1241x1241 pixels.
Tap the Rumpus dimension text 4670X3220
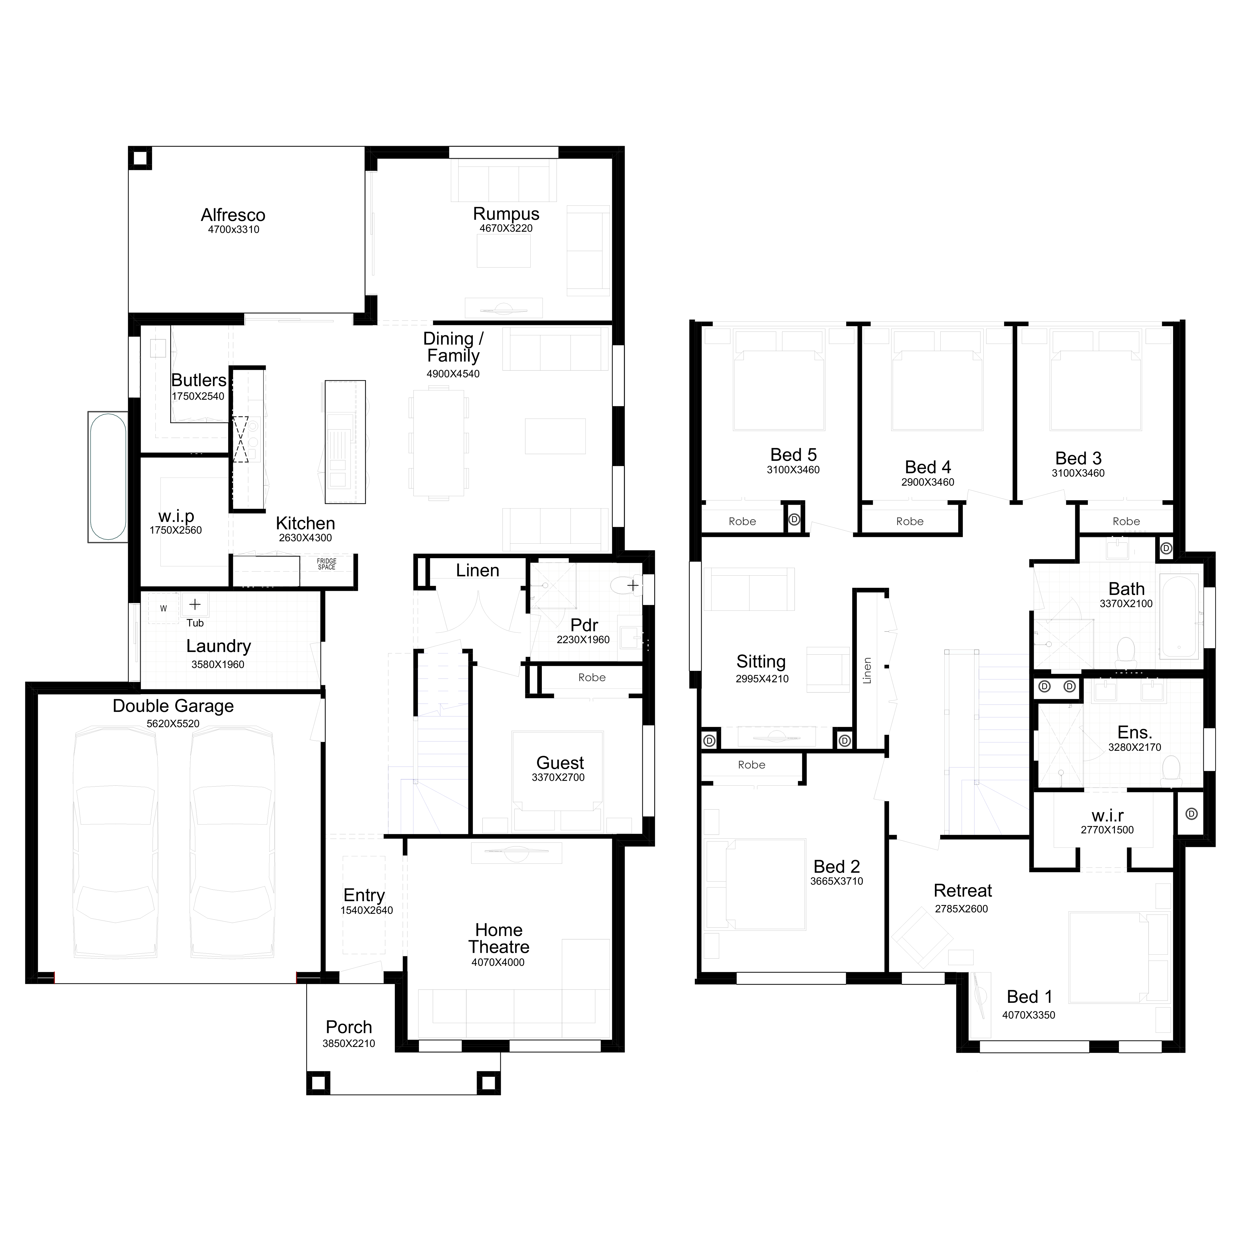pyautogui.click(x=506, y=228)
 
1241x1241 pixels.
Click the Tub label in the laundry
pyautogui.click(x=195, y=623)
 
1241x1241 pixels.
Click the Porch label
pyautogui.click(x=349, y=1027)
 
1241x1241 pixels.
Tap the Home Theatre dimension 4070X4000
pyautogui.click(x=498, y=962)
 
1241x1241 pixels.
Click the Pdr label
pyautogui.click(x=584, y=625)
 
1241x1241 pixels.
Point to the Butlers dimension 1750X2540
pyautogui.click(x=198, y=396)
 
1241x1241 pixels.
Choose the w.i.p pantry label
pyautogui.click(x=176, y=517)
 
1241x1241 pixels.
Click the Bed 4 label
pyautogui.click(x=928, y=467)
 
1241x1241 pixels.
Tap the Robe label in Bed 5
pyautogui.click(x=743, y=521)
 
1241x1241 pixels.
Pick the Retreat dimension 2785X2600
pyautogui.click(x=962, y=909)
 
